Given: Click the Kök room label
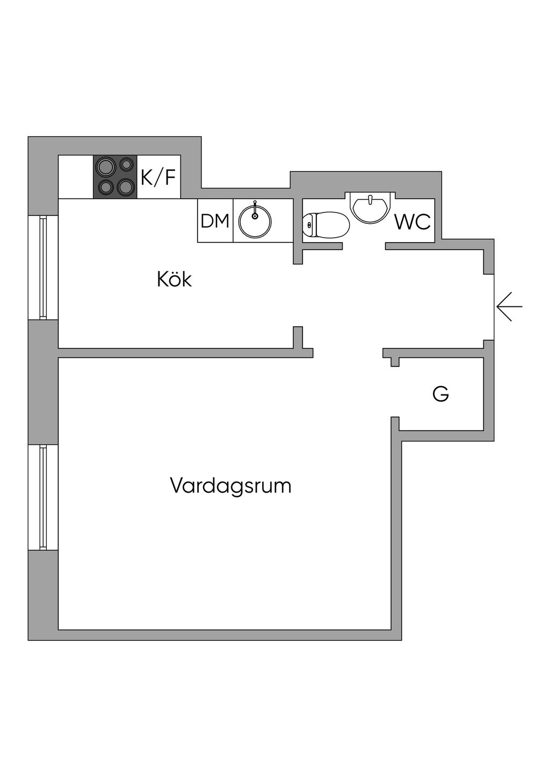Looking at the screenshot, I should coord(174,279).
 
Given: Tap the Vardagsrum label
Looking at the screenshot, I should coord(230,486).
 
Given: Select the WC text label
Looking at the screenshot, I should coord(412,222).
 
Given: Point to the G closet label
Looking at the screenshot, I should coord(440,394).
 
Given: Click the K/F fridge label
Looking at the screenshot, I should coord(158,177).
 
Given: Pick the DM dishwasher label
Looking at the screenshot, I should coord(215,221).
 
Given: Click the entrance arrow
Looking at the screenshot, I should coord(509,307).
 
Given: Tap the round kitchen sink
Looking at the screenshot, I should coord(255,221).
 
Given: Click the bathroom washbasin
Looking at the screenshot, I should coord(370,206).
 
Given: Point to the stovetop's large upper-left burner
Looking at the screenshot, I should coord(105,166).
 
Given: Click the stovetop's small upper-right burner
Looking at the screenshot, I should coord(127,164).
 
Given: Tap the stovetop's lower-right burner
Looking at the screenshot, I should coord(126,187).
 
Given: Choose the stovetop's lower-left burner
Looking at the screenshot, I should coord(105,187).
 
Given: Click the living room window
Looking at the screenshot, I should coord(43,497).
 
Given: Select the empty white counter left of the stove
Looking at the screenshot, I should coord(76,177).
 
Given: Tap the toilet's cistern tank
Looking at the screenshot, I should coord(308,225).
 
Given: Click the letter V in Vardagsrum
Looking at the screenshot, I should coord(176,486).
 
